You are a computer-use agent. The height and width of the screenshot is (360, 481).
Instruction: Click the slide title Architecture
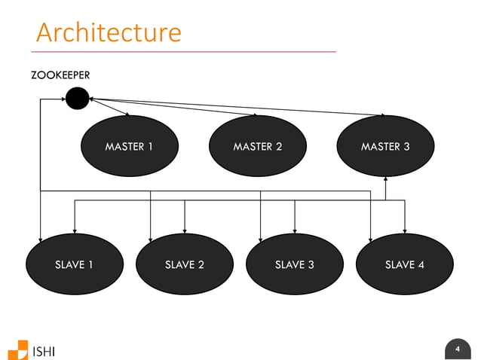(109, 32)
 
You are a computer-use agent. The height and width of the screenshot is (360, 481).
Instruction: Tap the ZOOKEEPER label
(60, 75)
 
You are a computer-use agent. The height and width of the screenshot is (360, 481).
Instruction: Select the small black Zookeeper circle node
(77, 97)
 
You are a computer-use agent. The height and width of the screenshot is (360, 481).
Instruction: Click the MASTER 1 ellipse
(129, 146)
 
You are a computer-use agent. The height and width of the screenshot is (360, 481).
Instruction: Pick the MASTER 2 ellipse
(257, 146)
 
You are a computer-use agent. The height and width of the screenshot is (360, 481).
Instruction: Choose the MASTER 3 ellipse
(385, 146)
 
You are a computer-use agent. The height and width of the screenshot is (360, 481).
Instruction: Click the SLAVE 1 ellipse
(74, 264)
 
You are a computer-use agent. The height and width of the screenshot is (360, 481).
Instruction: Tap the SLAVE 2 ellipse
(184, 264)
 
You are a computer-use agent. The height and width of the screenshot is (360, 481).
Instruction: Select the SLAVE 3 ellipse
(294, 264)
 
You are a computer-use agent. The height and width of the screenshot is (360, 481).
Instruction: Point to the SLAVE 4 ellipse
(404, 264)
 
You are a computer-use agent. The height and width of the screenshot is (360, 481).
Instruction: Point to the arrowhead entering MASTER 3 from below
(385, 179)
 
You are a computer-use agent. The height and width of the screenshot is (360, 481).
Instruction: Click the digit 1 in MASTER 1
(150, 146)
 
